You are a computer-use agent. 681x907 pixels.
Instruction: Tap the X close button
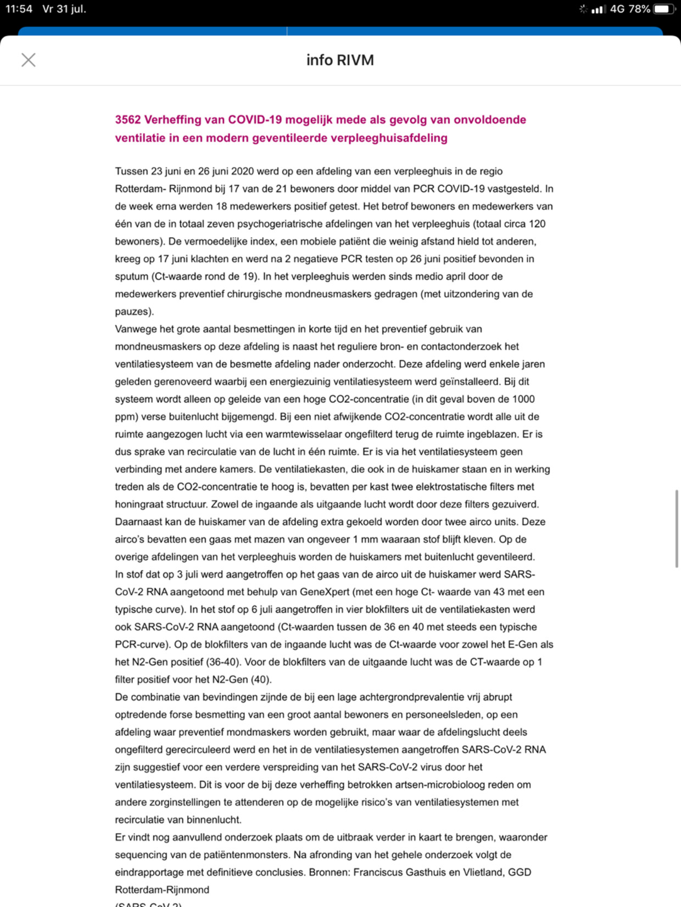click(x=29, y=60)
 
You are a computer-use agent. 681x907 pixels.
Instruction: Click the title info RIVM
click(x=340, y=60)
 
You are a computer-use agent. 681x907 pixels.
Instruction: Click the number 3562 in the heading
click(x=128, y=120)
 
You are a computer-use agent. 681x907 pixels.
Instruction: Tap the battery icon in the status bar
click(x=663, y=9)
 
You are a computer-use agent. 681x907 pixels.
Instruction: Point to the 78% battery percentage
click(x=639, y=9)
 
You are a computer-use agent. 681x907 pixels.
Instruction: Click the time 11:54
click(x=19, y=9)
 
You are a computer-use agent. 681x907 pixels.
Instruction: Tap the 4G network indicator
click(x=617, y=9)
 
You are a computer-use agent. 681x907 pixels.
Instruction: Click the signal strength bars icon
click(x=598, y=9)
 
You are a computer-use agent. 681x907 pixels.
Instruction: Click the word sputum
click(x=131, y=276)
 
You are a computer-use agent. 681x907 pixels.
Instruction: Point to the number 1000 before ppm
click(x=523, y=399)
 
